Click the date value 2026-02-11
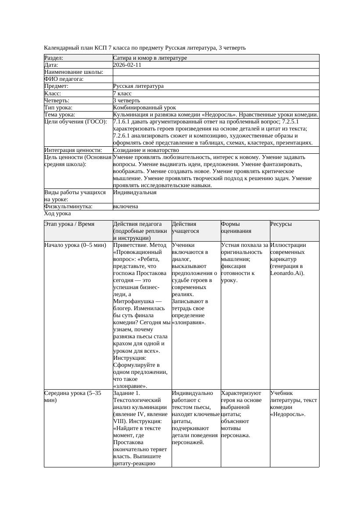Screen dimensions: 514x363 coord(127,65)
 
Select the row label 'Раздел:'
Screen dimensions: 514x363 coord(54,58)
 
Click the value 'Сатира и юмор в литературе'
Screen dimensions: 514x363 coord(150,58)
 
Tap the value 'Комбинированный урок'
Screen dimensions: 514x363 coord(144,108)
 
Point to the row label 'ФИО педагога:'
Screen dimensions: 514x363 coord(64,79)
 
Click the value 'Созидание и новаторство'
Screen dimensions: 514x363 coord(146,150)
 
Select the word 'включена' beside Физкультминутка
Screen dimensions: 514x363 coord(126,206)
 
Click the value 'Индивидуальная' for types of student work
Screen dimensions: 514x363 coord(135,192)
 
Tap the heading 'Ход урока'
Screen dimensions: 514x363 coord(58,214)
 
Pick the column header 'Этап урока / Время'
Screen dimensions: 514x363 coord(69,224)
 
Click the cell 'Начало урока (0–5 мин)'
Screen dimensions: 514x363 coord(75,245)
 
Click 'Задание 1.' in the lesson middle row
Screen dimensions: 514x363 coord(127,393)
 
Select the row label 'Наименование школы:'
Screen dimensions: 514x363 coord(74,72)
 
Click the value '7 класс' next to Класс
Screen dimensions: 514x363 coord(122,94)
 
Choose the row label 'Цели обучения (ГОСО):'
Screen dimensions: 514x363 coord(75,122)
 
